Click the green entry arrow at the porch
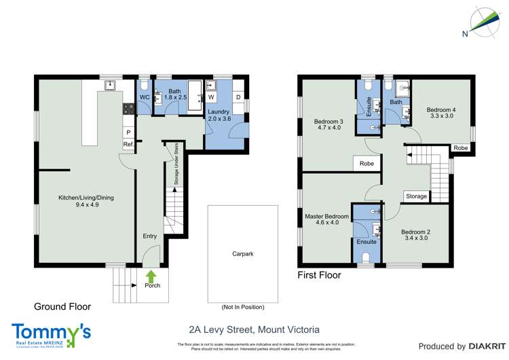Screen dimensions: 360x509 coord(151,274)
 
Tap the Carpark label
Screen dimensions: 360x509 coord(242,253)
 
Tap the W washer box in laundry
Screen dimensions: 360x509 coord(211,97)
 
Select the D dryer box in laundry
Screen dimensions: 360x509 coord(238,97)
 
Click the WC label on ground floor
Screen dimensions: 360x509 coord(145,97)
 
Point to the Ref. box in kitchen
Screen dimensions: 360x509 coord(128,145)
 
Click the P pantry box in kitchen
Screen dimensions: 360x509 coord(128,132)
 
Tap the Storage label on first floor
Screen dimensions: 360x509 coord(416,196)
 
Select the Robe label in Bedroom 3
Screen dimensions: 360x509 coord(366,164)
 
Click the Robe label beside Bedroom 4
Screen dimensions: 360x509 coord(460,147)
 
